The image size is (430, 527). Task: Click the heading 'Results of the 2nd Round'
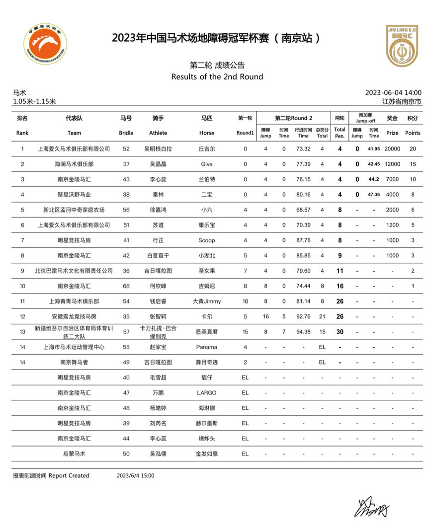217,76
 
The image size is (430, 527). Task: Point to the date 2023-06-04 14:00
393,92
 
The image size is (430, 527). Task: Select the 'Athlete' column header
158,133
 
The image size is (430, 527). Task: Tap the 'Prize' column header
392,133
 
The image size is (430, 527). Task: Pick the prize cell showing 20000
392,149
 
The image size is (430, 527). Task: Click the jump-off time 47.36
374,195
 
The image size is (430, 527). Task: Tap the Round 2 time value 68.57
303,210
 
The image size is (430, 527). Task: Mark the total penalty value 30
340,331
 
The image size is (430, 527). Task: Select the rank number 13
22,331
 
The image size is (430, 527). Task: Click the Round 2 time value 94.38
303,331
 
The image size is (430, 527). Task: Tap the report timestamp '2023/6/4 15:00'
136,475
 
